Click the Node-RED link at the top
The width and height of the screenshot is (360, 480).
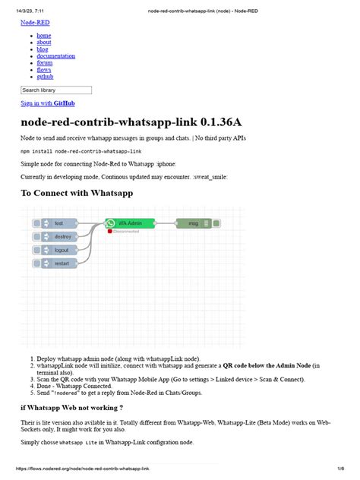[x=34, y=24]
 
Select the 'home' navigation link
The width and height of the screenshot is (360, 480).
[x=44, y=36]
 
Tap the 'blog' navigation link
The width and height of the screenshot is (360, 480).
[x=43, y=49]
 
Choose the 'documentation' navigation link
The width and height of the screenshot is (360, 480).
[x=55, y=56]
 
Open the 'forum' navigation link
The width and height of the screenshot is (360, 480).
[x=45, y=63]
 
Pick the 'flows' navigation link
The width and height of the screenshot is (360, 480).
[x=44, y=70]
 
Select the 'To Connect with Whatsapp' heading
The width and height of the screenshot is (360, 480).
[x=77, y=193]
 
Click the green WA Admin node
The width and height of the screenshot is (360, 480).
[x=130, y=223]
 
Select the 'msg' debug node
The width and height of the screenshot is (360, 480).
[x=195, y=223]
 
